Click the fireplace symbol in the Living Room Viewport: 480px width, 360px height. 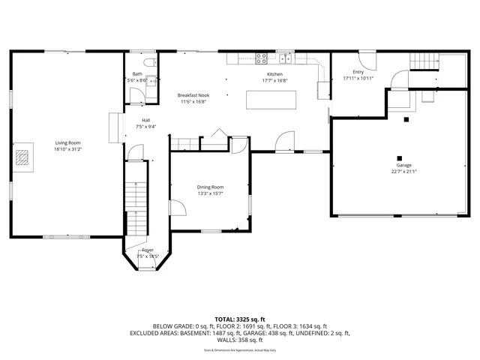[25, 157]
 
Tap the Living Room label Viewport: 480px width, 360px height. [67, 142]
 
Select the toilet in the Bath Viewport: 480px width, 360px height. [150, 62]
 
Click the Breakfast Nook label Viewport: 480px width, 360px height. [193, 96]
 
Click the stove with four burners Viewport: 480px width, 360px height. [262, 57]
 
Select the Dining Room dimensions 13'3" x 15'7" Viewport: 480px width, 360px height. [210, 193]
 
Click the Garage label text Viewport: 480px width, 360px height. [403, 165]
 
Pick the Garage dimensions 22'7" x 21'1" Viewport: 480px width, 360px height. [403, 171]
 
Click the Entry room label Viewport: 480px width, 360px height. [358, 72]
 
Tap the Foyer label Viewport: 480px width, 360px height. [148, 250]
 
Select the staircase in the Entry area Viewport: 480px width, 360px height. [425, 61]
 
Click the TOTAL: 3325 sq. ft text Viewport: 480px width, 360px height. [239, 319]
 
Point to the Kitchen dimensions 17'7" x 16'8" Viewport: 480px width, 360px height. [275, 79]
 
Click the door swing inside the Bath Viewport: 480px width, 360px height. [137, 94]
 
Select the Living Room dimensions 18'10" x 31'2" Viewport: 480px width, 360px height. [67, 148]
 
